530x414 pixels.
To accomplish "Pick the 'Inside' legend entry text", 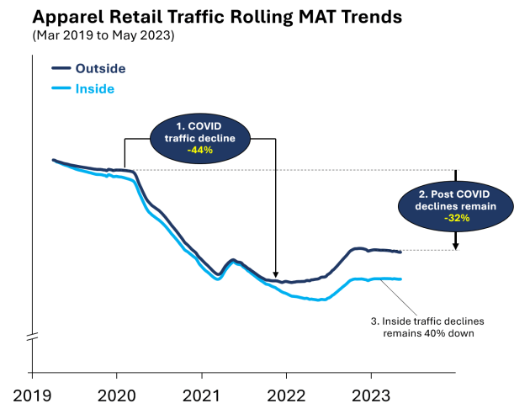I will pos(95,88).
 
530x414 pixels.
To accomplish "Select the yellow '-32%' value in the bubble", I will pos(454,217).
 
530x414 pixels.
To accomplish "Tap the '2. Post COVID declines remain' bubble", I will pos(454,203).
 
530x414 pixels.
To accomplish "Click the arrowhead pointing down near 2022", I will pos(276,273).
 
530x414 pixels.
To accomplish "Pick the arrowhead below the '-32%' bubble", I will pos(455,246).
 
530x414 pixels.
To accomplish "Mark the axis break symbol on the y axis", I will pos(32,337).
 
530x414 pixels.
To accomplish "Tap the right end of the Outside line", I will pos(400,252).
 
